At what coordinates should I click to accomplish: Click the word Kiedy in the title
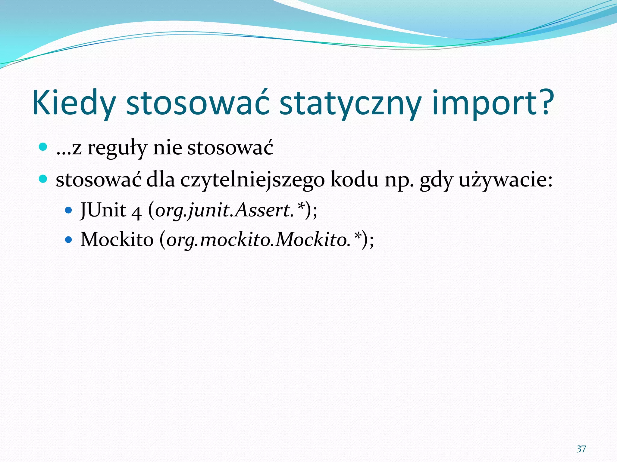pyautogui.click(x=74, y=103)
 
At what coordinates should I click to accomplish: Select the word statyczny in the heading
pyautogui.click(x=350, y=103)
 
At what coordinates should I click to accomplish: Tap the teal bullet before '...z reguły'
pyautogui.click(x=43, y=147)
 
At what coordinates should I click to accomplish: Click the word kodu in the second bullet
pyautogui.click(x=354, y=180)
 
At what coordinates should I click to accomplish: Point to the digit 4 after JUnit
pyautogui.click(x=136, y=211)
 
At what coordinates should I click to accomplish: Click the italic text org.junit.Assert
pyautogui.click(x=224, y=210)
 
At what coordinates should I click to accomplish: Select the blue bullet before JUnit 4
pyautogui.click(x=69, y=210)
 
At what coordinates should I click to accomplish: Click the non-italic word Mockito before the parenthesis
pyautogui.click(x=117, y=240)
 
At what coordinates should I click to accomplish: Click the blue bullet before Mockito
pyautogui.click(x=69, y=240)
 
